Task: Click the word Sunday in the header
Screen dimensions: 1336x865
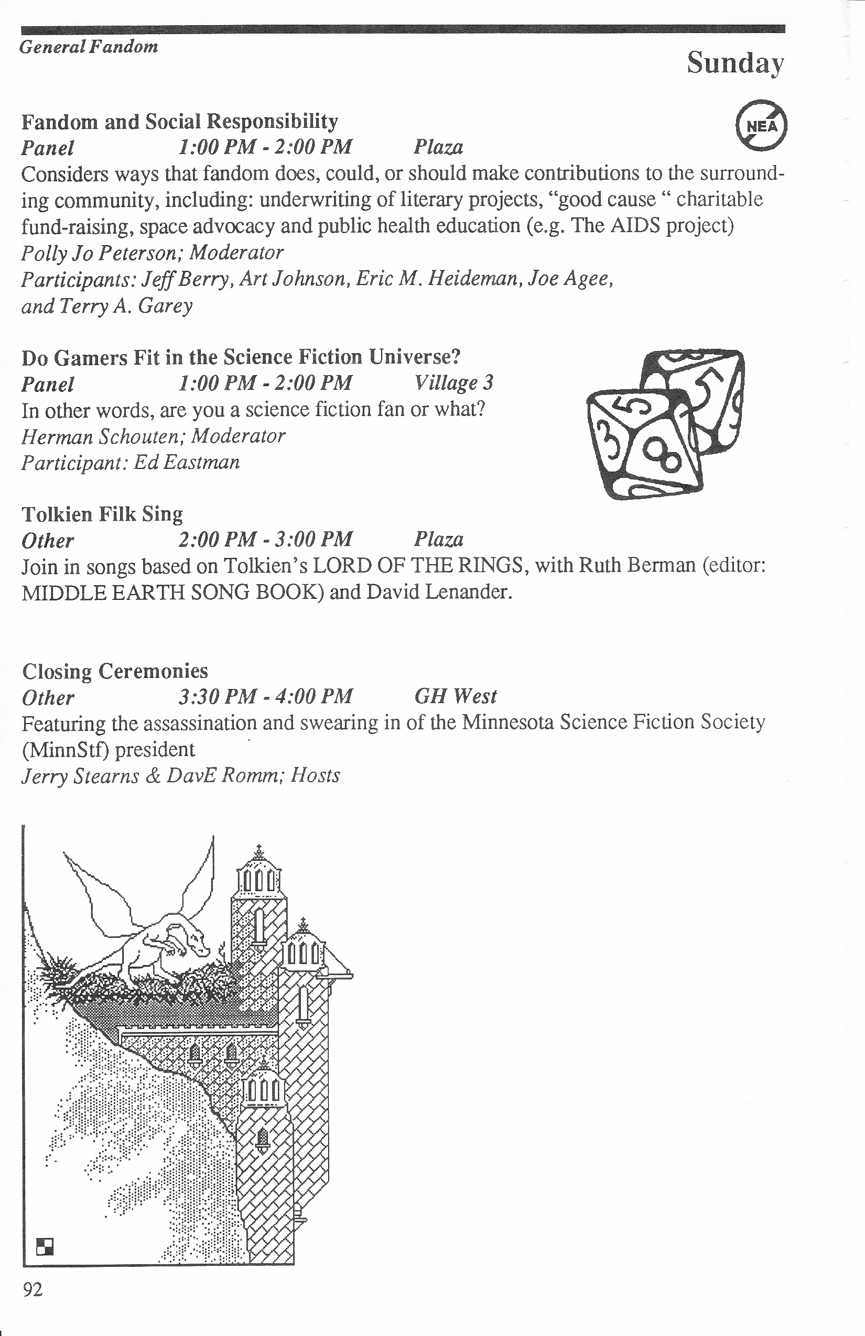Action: click(734, 63)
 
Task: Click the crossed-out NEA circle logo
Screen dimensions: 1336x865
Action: click(761, 126)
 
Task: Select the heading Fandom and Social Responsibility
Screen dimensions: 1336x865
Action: click(180, 121)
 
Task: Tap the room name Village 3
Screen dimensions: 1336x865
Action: click(453, 383)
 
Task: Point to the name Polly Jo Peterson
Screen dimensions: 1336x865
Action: click(99, 253)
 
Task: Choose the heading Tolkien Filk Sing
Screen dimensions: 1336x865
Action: click(102, 513)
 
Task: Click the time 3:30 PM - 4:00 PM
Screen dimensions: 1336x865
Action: click(266, 697)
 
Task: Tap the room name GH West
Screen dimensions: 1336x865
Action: click(456, 697)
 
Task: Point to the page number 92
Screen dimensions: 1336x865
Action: click(33, 1289)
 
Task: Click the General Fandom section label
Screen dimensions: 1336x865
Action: click(89, 47)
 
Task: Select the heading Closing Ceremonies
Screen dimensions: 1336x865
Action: click(115, 671)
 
